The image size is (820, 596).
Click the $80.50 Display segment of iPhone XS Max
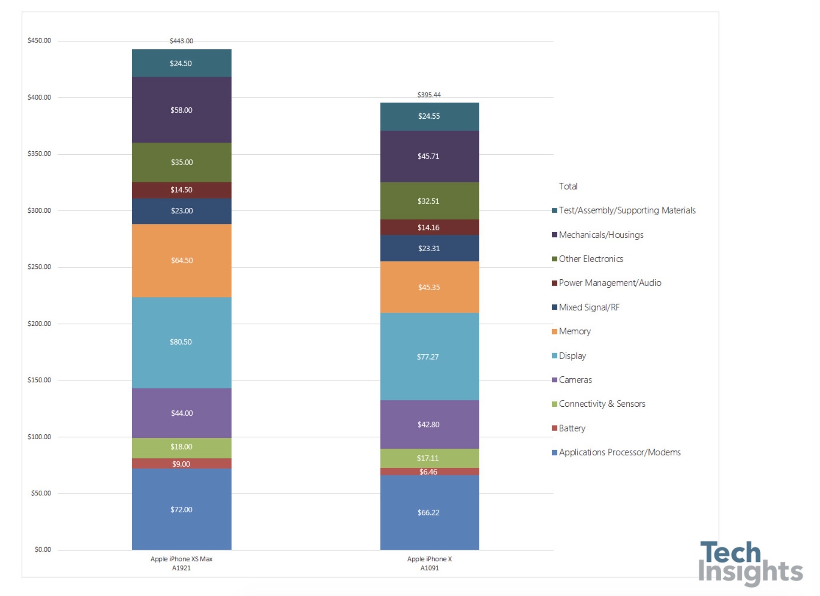(181, 342)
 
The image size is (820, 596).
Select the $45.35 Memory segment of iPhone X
(429, 287)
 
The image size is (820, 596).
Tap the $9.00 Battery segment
(181, 464)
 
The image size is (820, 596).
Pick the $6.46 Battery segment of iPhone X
(429, 472)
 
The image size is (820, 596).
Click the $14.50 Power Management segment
(181, 190)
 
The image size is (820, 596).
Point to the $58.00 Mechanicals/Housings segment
(181, 110)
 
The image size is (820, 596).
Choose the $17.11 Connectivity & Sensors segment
(428, 458)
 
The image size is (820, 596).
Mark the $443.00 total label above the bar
(181, 41)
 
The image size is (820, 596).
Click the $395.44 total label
(429, 95)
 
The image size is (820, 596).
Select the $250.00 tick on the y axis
(39, 267)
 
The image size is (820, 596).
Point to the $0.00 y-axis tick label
(43, 550)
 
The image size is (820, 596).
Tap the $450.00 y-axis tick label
(39, 41)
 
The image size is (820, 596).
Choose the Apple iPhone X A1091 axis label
(430, 563)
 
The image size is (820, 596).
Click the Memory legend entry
(575, 331)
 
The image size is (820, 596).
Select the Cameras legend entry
(575, 380)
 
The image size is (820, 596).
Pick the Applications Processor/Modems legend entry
(619, 452)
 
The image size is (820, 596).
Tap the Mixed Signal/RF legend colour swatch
(554, 307)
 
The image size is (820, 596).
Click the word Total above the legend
(568, 186)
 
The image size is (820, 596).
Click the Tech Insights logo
(750, 563)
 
